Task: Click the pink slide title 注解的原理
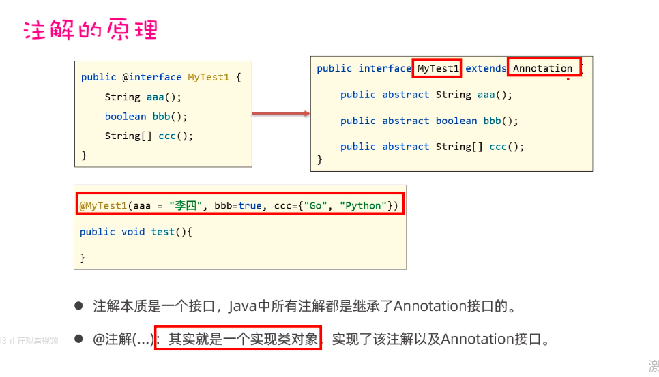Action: click(x=91, y=31)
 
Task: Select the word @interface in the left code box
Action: click(x=152, y=77)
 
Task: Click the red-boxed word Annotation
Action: click(x=543, y=68)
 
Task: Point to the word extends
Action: click(x=485, y=68)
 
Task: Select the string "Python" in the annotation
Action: click(x=363, y=205)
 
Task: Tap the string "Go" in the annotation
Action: click(x=318, y=205)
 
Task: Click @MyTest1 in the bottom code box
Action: click(x=103, y=205)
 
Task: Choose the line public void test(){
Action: click(x=136, y=232)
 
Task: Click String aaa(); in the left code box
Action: click(x=143, y=97)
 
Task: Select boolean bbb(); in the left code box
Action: click(x=146, y=116)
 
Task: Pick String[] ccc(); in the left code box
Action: click(x=149, y=136)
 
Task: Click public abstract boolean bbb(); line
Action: click(x=429, y=121)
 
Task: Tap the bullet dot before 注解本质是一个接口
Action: click(x=78, y=305)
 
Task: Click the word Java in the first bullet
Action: click(x=242, y=306)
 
